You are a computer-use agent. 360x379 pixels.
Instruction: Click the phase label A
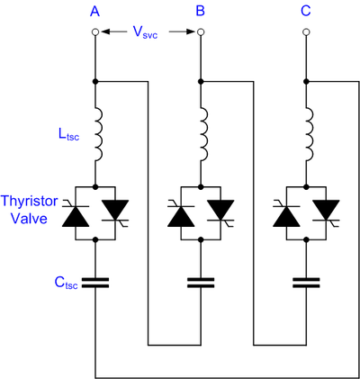pos(94,11)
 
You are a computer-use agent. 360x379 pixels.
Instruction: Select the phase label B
pos(201,11)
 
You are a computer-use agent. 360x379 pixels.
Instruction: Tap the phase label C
pos(306,11)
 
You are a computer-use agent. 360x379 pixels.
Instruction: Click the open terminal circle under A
pos(95,32)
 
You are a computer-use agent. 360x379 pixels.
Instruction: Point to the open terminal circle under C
pos(306,32)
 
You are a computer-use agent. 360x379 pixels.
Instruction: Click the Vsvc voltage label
pos(145,32)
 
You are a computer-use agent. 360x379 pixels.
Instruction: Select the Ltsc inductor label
pos(69,134)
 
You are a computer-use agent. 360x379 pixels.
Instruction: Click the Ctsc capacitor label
pos(66,283)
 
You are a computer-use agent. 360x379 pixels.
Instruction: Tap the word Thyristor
pos(29,202)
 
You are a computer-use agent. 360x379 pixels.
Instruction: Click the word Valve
pos(29,218)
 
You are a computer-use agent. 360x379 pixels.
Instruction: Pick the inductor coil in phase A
pos(99,134)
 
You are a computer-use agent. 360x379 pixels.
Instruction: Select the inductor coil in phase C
pos(310,134)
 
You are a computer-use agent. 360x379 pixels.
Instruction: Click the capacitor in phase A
pos(95,283)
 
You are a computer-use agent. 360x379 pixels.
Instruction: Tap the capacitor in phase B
pos(201,283)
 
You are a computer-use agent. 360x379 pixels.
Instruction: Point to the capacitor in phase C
pos(306,283)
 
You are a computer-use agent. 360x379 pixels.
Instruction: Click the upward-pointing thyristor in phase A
pos(76,215)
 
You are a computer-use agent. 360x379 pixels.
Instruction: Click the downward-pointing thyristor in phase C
pos(326,211)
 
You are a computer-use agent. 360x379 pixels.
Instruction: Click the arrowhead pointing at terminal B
pos(192,32)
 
